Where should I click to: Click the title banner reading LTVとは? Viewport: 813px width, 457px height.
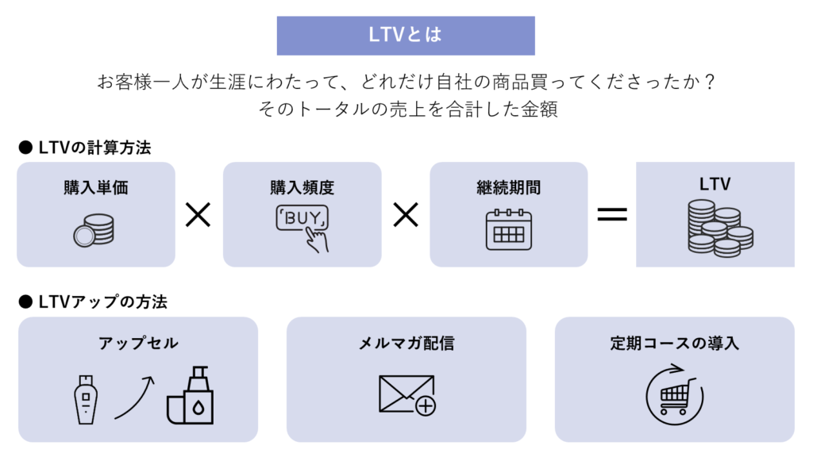[x=406, y=36]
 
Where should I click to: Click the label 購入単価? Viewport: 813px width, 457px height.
[x=96, y=188]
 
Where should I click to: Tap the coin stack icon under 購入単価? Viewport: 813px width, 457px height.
[x=94, y=230]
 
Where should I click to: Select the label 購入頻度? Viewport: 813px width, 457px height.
[x=302, y=188]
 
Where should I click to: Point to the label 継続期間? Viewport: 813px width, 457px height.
[x=508, y=188]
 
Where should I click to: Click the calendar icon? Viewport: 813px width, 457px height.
[x=508, y=229]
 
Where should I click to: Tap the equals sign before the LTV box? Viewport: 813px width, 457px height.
[x=611, y=214]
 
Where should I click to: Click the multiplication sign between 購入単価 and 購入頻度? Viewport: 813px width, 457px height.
[x=198, y=214]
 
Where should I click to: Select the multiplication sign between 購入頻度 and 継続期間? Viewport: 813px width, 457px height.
[x=406, y=214]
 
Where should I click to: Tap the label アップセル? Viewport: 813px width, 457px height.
[x=138, y=344]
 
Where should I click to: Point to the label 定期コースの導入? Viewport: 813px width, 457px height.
[x=674, y=344]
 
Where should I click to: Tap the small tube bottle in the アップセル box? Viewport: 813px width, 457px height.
[x=86, y=398]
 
